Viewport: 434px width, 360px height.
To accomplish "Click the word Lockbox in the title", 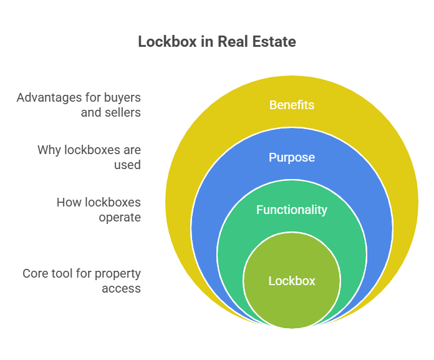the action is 168,42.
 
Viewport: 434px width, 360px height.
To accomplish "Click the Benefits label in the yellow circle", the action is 292,105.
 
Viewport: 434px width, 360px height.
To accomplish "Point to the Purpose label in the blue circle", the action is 292,158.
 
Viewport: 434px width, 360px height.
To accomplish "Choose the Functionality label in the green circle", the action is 292,210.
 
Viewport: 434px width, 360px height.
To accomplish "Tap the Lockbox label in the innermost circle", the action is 292,281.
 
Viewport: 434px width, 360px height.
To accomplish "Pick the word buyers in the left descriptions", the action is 122,98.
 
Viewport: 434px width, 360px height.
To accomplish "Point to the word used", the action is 127,165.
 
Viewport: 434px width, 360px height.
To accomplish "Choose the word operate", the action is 120,218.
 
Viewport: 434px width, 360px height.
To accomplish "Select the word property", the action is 118,274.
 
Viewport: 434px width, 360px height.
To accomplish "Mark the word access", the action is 121,289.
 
